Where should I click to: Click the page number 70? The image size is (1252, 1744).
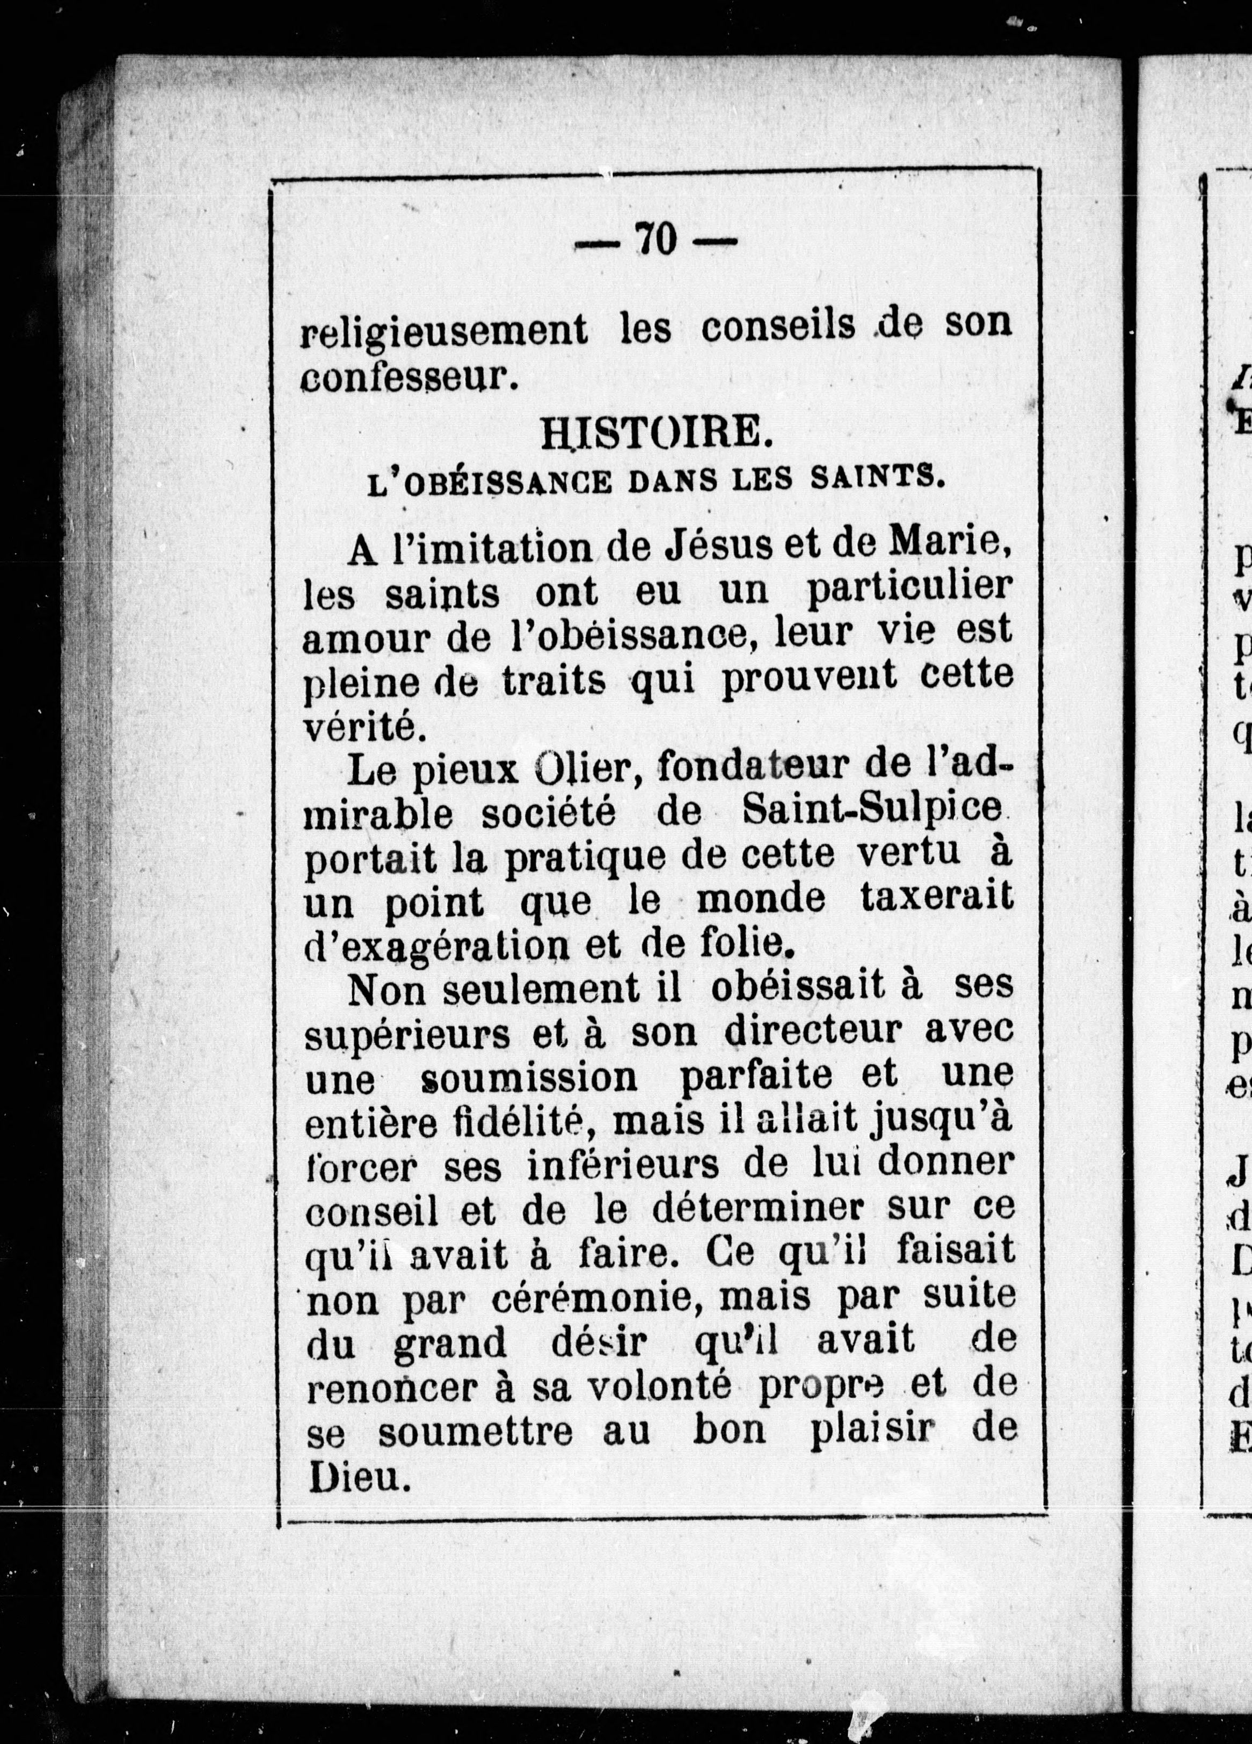pos(654,240)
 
